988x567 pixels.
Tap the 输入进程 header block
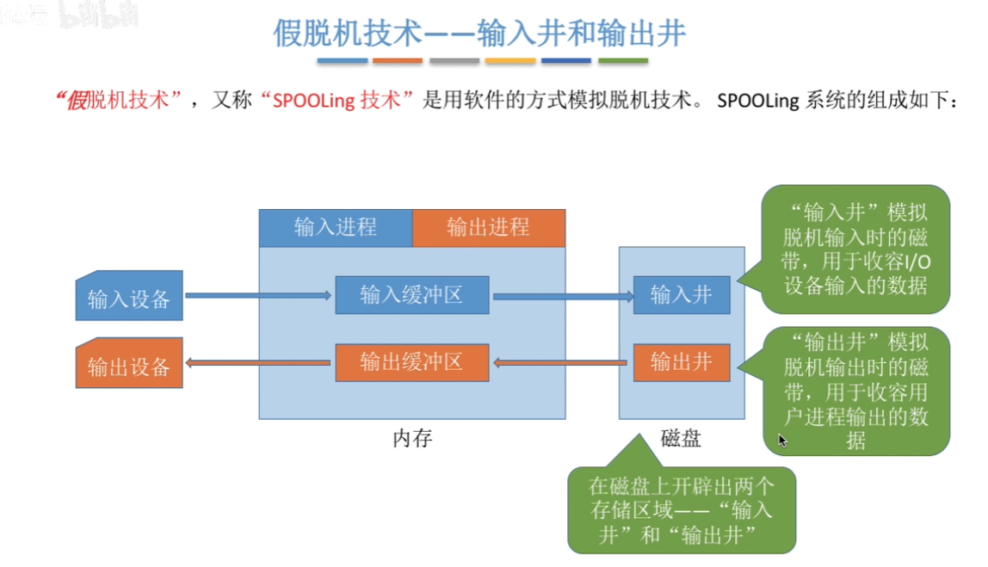click(x=336, y=228)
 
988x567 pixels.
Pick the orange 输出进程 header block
click(x=489, y=228)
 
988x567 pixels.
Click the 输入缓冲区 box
click(x=412, y=295)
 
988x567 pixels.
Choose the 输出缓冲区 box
click(x=412, y=362)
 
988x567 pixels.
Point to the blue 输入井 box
click(x=682, y=295)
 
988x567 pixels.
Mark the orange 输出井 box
click(x=682, y=362)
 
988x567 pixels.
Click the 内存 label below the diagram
click(x=412, y=439)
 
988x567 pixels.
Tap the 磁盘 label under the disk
click(x=682, y=439)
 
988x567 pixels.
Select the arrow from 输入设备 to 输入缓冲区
click(x=258, y=296)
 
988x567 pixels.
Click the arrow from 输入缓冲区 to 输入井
click(x=561, y=296)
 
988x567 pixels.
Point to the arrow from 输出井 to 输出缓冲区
click(x=561, y=363)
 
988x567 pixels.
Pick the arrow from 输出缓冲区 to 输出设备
click(x=258, y=363)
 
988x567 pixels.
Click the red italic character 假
click(x=75, y=101)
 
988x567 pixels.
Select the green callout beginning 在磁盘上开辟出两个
click(x=682, y=509)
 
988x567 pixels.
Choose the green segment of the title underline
click(x=623, y=61)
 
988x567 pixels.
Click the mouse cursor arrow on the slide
click(x=782, y=441)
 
